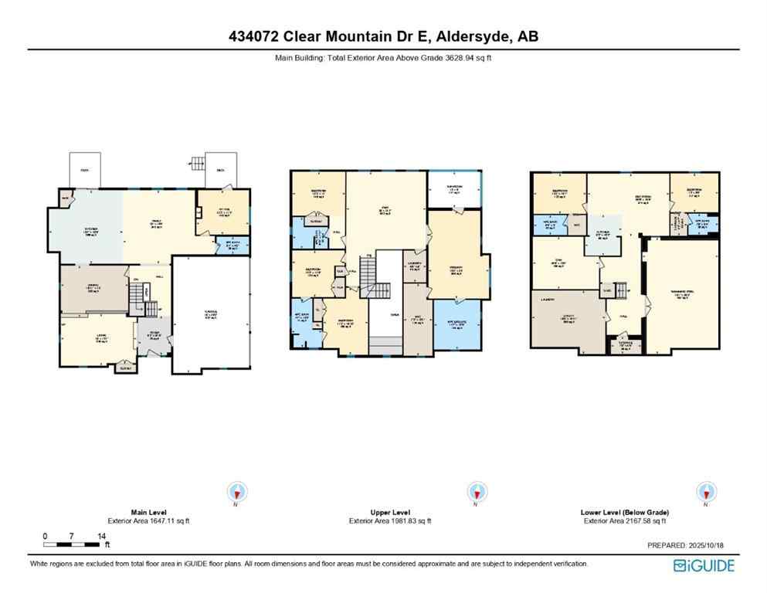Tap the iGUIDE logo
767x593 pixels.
704,565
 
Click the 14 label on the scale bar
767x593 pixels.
101,535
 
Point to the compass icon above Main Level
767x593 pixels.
236,491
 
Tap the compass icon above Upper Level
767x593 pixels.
477,491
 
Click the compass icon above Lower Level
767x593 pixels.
706,491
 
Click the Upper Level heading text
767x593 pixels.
390,512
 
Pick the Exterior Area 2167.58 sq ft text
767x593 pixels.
624,520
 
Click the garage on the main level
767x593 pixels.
211,314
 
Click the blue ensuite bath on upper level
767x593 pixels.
456,324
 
